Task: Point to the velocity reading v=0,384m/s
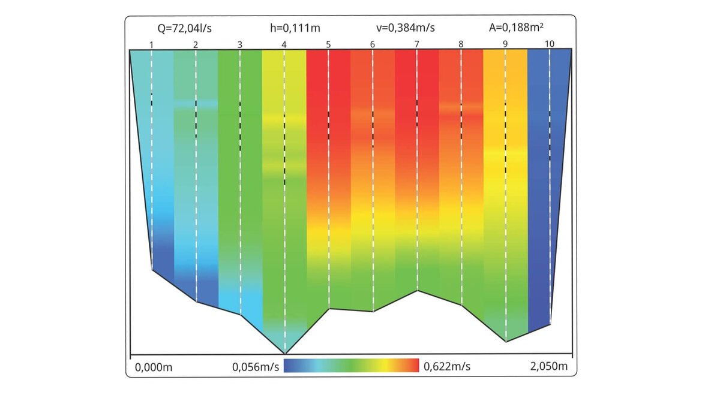tap(401, 27)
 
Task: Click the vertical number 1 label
tap(151, 44)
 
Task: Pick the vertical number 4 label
tap(284, 44)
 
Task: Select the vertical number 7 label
tap(416, 44)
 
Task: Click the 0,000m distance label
tap(153, 367)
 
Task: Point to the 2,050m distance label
tap(547, 366)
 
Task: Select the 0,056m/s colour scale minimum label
tap(256, 366)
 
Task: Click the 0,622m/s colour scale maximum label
tap(447, 366)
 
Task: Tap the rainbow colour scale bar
tap(351, 366)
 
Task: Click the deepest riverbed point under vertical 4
tap(285, 353)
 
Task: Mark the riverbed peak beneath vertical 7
tap(418, 291)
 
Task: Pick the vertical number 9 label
tap(505, 44)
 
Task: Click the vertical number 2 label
tap(196, 44)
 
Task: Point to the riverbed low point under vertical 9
tap(506, 341)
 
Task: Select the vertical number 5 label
tap(328, 44)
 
